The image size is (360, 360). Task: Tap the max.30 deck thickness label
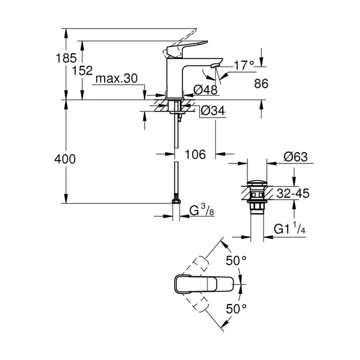117,79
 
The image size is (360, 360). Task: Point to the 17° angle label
243,66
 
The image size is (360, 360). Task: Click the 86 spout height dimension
261,83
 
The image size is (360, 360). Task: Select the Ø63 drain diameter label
297,155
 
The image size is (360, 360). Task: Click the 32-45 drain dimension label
293,194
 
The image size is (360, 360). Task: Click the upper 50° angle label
235,261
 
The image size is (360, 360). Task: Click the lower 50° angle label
235,308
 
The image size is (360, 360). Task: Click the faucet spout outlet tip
213,66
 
